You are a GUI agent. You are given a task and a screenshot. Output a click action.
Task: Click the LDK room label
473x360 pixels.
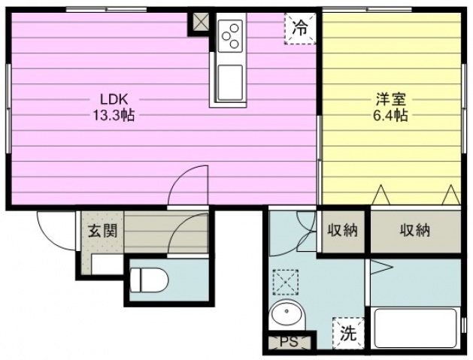click(x=114, y=99)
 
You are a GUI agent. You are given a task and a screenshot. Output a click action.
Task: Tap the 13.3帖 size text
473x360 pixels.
click(x=114, y=115)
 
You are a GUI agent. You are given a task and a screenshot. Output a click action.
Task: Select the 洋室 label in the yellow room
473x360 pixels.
click(x=391, y=99)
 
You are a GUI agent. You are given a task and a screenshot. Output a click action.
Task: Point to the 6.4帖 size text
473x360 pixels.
click(x=391, y=116)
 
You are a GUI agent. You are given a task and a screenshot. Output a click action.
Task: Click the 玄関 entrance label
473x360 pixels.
click(x=102, y=231)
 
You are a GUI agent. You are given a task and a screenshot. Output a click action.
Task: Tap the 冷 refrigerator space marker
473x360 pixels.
click(x=300, y=29)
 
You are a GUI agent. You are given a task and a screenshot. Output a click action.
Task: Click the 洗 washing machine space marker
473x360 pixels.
click(x=349, y=334)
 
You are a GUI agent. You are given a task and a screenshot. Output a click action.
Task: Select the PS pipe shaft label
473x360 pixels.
click(x=289, y=342)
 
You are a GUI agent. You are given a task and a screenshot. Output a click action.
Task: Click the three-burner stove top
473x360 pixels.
click(x=230, y=36)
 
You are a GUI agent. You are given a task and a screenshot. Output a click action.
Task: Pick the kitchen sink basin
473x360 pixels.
click(x=230, y=83)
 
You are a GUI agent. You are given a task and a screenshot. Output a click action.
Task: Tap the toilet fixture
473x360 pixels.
click(x=149, y=280)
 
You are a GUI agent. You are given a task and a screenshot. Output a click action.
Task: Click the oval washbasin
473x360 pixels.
click(x=286, y=313)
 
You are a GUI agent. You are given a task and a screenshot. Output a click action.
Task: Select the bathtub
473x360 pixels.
click(x=416, y=328)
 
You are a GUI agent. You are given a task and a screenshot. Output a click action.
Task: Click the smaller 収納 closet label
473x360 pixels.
click(x=343, y=231)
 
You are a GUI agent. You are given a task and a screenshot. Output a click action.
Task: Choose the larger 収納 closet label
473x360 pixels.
click(x=415, y=231)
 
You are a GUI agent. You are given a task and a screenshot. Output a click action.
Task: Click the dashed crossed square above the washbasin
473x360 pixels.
click(x=286, y=282)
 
